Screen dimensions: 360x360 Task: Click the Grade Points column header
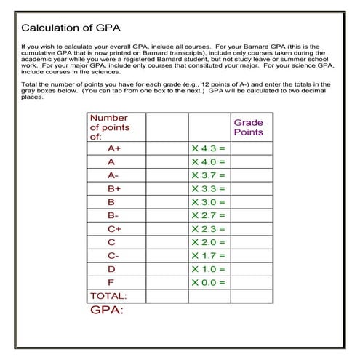[x=248, y=127]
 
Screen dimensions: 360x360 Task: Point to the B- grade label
[x=113, y=215]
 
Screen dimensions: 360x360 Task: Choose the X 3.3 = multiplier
[x=209, y=188]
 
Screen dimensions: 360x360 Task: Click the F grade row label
[x=111, y=282]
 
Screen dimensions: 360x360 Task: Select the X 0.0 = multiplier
[x=209, y=282]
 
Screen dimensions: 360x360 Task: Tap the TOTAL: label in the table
[x=108, y=296]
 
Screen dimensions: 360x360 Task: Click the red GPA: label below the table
[x=106, y=311]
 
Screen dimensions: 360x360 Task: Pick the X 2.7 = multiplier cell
[x=209, y=215]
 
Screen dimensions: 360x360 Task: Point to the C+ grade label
[x=113, y=228]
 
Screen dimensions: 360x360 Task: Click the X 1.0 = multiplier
[x=209, y=269]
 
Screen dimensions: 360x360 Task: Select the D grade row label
[x=111, y=269]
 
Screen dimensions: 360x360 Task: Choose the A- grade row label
[x=113, y=175]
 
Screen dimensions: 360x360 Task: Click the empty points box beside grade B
[x=167, y=201]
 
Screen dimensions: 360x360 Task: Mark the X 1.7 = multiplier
[x=209, y=255]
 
